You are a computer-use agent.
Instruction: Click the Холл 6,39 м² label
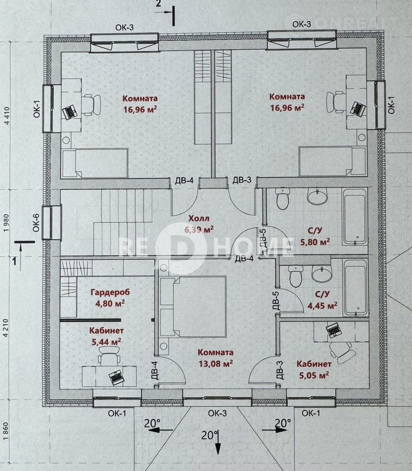pyautogui.click(x=199, y=224)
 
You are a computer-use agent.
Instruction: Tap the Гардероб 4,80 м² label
pyautogui.click(x=110, y=298)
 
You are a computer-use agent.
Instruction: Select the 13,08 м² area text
pyautogui.click(x=216, y=364)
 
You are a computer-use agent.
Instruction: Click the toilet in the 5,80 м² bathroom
pyautogui.click(x=282, y=198)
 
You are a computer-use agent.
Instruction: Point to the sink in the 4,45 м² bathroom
pyautogui.click(x=322, y=273)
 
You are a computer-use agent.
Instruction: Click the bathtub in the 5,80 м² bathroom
pyautogui.click(x=356, y=216)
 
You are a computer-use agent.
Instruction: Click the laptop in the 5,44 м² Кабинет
pyautogui.click(x=116, y=377)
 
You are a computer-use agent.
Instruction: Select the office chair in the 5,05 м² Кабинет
pyautogui.click(x=343, y=351)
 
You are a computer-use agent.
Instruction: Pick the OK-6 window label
pyautogui.click(x=36, y=223)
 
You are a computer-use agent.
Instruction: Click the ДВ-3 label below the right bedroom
pyautogui.click(x=242, y=180)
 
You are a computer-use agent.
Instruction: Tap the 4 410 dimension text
pyautogui.click(x=7, y=115)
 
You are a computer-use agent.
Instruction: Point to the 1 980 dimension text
pyautogui.click(x=7, y=222)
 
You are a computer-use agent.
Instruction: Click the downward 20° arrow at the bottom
pyautogui.click(x=218, y=442)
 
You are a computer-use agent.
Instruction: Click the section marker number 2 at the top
pyautogui.click(x=158, y=4)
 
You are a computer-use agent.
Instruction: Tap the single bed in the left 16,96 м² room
pyautogui.click(x=95, y=163)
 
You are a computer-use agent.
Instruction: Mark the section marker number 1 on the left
pyautogui.click(x=14, y=261)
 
